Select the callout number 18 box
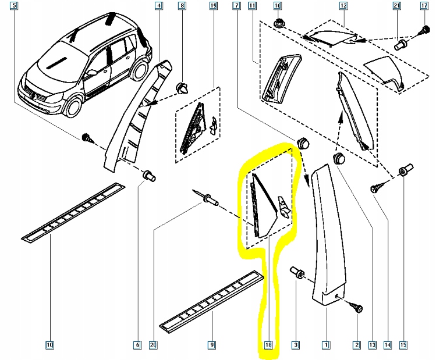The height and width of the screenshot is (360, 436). click(x=268, y=345)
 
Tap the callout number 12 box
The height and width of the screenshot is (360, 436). click(x=343, y=6)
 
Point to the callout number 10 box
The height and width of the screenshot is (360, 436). click(x=49, y=345)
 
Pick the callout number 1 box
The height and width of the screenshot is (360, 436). click(x=326, y=345)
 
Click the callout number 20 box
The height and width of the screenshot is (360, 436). click(x=153, y=345)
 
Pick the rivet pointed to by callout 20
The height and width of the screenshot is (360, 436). click(x=210, y=201)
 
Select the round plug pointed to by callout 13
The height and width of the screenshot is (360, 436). click(x=339, y=159)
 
